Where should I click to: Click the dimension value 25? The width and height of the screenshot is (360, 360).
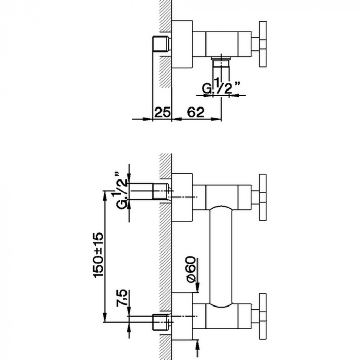(163, 113)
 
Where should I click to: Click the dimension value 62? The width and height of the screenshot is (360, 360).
(195, 113)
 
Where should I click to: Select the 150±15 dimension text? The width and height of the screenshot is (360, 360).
(99, 255)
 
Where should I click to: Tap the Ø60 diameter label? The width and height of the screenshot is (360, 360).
(191, 269)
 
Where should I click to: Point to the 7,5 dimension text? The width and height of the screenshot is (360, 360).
(122, 298)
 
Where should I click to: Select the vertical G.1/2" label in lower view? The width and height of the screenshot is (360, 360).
(122, 190)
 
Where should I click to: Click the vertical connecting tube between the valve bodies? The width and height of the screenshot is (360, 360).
(221, 256)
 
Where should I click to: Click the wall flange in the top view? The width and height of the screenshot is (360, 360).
(182, 44)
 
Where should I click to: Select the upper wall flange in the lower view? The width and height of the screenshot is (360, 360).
(182, 197)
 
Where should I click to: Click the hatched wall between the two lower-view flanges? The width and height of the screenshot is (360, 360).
(166, 258)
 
